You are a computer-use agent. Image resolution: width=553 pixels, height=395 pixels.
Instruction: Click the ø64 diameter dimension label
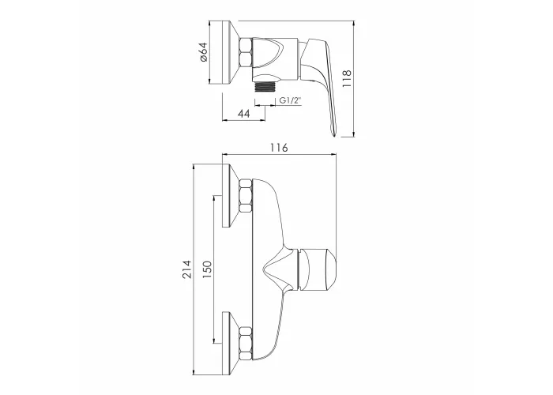coord(204,53)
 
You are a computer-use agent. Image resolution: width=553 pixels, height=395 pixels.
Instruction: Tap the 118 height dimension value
coord(347,79)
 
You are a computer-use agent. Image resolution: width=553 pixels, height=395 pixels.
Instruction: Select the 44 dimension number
coord(243,114)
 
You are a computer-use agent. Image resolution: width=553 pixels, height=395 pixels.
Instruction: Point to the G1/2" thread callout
coord(291,100)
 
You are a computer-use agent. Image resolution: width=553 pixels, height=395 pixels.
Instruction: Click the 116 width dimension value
coord(279,147)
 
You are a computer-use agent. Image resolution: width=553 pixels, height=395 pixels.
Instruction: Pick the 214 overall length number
coord(186,269)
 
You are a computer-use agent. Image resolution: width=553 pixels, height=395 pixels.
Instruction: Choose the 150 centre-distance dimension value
coord(207,270)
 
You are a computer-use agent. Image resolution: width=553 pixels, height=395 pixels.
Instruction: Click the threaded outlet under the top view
coord(265,87)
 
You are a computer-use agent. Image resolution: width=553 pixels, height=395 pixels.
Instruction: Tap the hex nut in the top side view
coord(246,53)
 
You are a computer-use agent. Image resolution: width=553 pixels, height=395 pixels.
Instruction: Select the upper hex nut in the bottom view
coord(246,195)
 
